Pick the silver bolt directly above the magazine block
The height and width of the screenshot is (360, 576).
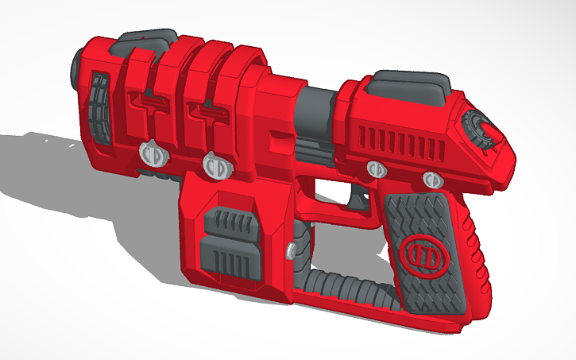215,165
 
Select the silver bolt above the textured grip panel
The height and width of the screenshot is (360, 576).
432,178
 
